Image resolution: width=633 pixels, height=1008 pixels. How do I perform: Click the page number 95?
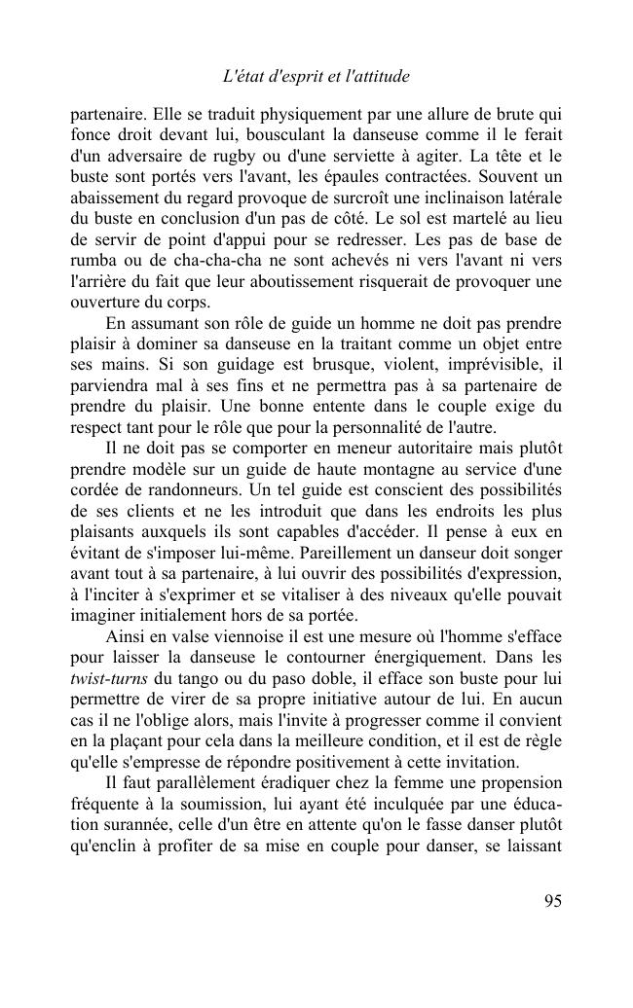tap(552, 900)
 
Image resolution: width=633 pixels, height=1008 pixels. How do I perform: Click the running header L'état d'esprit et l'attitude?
tap(316, 75)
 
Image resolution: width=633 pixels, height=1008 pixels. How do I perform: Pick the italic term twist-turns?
tap(104, 658)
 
